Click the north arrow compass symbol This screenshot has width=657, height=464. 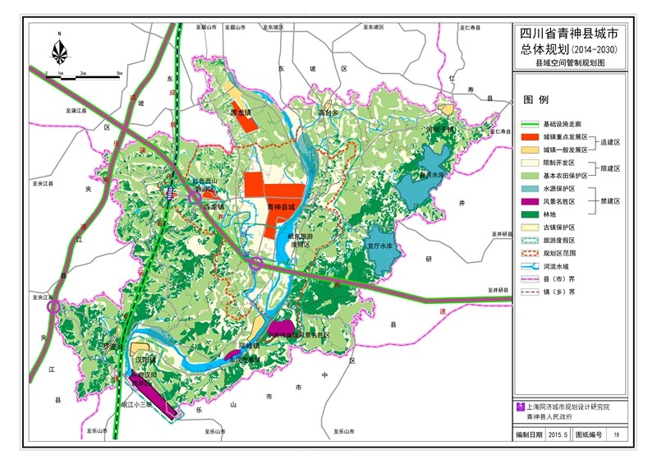(x=60, y=50)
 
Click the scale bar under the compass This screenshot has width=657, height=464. (x=82, y=75)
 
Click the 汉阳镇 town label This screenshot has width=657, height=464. (x=145, y=360)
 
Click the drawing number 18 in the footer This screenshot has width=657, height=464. (x=616, y=434)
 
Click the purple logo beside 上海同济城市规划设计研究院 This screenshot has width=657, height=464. (x=519, y=407)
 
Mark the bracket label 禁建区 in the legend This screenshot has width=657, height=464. (x=609, y=200)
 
